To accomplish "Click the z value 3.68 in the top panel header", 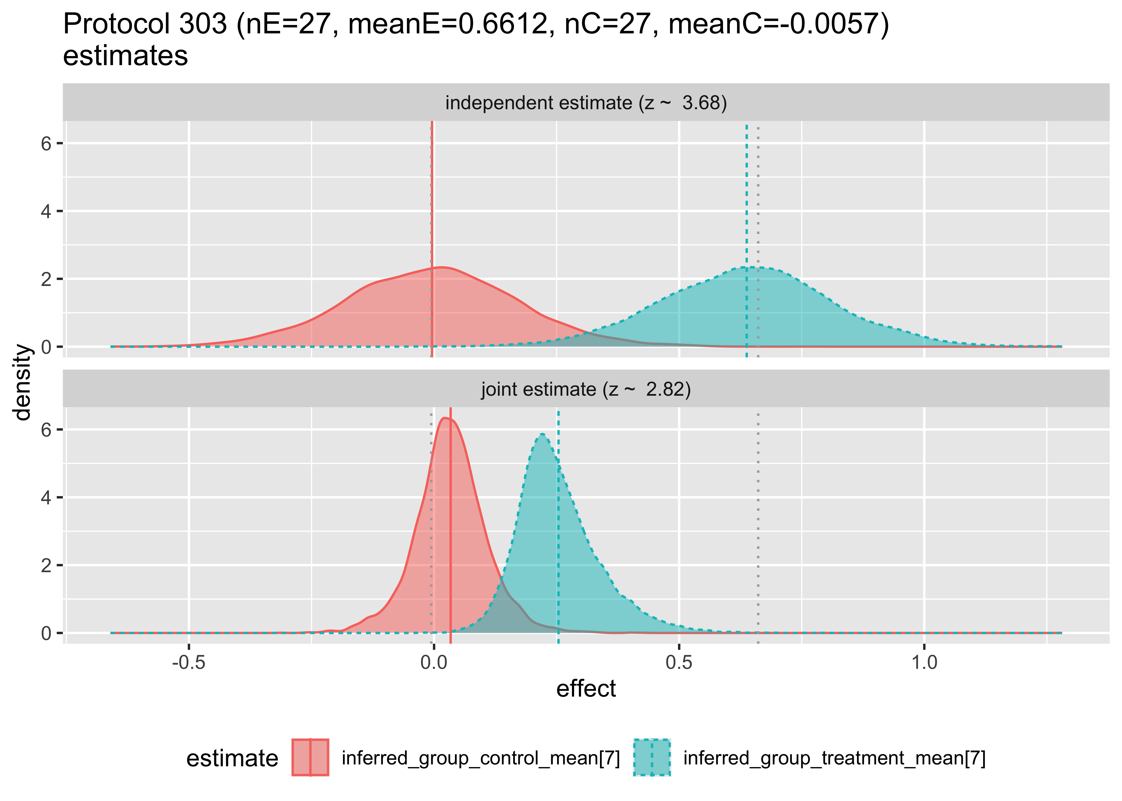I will tap(704, 103).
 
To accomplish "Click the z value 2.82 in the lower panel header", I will tap(668, 390).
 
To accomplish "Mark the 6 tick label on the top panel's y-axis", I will tap(46, 144).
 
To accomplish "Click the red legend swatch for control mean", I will tap(310, 757).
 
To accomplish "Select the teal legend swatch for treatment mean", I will tap(652, 757).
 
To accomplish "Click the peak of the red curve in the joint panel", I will tap(446, 418).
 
